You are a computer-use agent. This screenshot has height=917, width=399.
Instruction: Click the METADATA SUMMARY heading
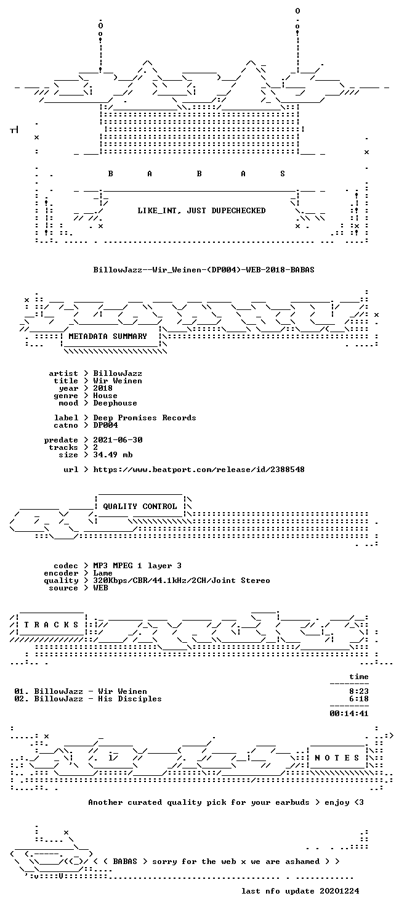tap(108, 336)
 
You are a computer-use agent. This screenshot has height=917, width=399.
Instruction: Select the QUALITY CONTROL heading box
tap(140, 507)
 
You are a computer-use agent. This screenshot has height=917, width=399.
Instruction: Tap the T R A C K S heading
tap(50, 624)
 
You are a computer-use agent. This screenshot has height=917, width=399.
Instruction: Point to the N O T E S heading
tap(337, 757)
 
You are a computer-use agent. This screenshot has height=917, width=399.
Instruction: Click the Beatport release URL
tap(199, 469)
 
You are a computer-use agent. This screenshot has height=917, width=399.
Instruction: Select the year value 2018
tap(103, 388)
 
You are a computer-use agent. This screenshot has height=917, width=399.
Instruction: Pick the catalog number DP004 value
tap(105, 425)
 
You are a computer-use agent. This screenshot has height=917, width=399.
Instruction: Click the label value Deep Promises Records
tap(145, 418)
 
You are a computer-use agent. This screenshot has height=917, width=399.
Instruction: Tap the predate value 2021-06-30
tap(118, 439)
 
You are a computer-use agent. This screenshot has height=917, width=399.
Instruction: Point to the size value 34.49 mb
tap(113, 454)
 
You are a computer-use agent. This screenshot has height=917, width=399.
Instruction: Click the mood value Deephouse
tap(115, 403)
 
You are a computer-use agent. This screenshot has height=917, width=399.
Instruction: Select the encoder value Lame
tap(103, 573)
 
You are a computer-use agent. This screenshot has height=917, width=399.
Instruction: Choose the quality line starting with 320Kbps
tap(182, 580)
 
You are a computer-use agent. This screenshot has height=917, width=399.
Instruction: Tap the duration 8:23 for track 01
tap(359, 691)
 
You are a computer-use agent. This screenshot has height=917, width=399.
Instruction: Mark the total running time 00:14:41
tap(349, 713)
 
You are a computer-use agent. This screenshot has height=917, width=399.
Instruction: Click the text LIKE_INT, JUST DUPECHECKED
tap(201, 210)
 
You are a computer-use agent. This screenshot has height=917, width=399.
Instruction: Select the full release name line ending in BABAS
tap(204, 269)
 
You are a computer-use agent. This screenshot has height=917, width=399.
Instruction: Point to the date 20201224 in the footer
tap(339, 891)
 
